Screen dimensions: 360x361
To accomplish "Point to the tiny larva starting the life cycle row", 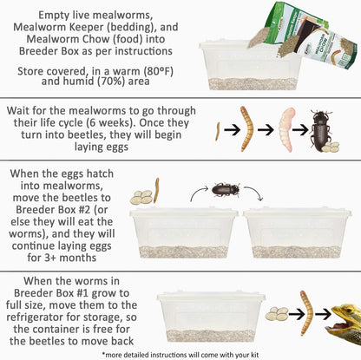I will [x=216, y=131].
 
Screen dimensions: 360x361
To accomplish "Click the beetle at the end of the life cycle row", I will [x=322, y=128].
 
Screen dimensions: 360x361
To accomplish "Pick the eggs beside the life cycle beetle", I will [x=331, y=148].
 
